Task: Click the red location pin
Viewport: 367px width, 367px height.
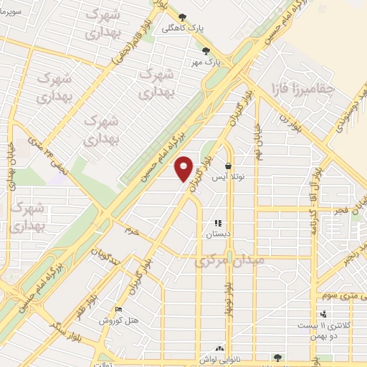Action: pos(184,167)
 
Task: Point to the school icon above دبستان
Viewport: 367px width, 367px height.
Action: pos(218,224)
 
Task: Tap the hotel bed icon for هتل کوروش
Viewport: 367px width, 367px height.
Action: pos(119,309)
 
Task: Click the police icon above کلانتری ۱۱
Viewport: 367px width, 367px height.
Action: pos(324,313)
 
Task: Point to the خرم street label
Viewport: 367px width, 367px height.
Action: pos(131,232)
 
